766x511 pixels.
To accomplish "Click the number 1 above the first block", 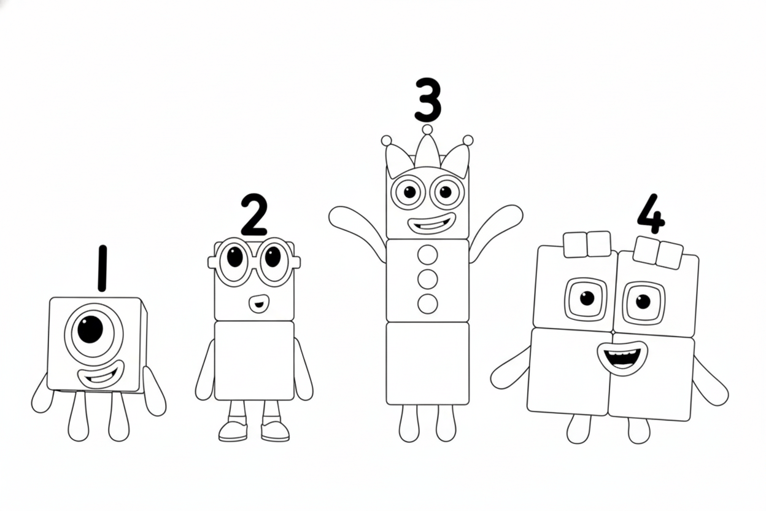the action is (102, 268).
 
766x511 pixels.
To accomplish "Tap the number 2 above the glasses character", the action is (253, 215).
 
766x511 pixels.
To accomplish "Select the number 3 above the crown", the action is (428, 99).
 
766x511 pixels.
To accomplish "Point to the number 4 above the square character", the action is (651, 214).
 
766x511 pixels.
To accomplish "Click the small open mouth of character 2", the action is (258, 303).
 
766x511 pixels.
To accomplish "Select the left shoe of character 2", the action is (233, 431).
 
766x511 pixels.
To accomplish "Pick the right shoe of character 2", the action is (275, 431).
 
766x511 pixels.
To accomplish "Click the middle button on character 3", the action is (427, 279).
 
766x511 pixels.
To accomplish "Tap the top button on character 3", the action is (427, 255).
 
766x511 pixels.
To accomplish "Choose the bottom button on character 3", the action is (427, 303).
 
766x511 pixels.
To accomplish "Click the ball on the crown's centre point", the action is (427, 130).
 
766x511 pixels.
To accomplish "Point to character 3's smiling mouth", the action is (432, 223).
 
